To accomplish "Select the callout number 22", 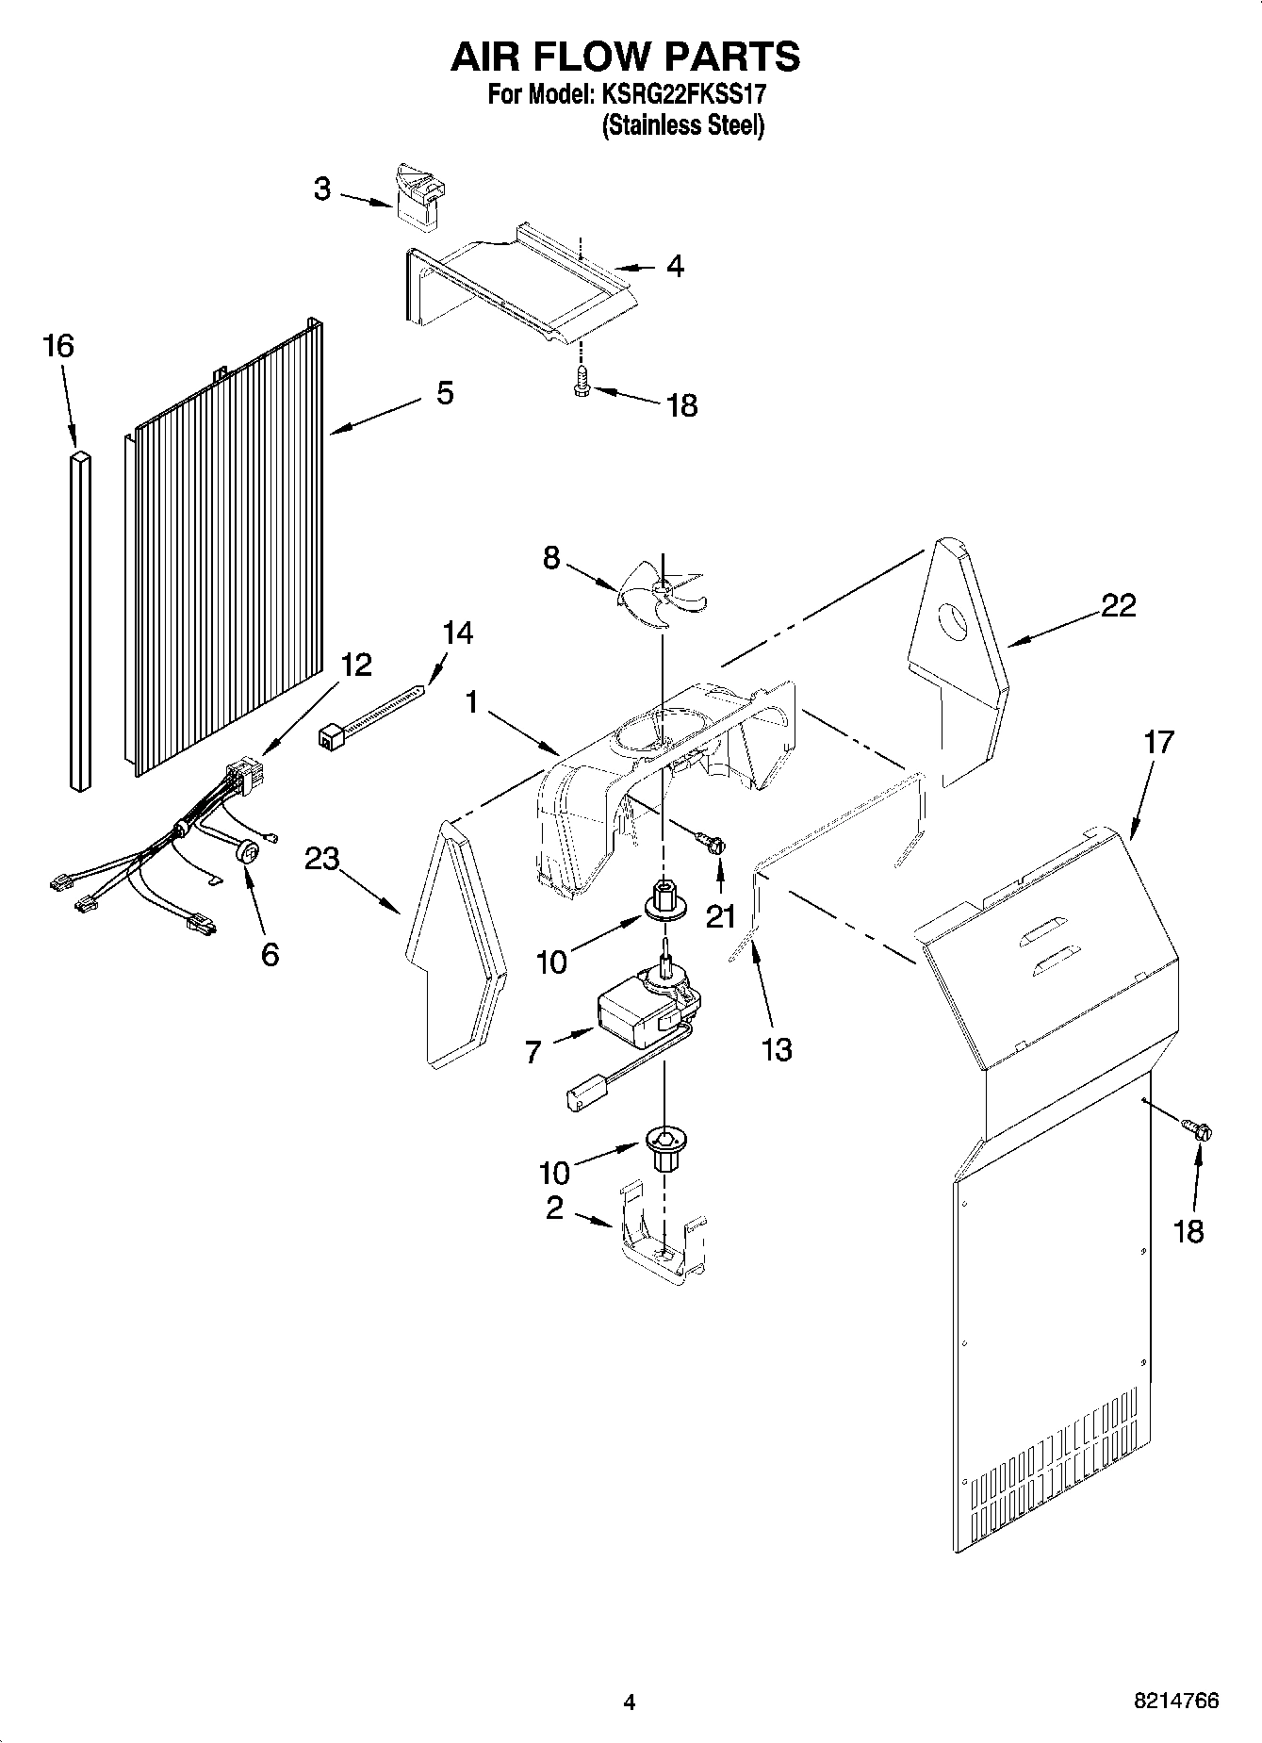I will tap(1118, 605).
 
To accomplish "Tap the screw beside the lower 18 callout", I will tap(1197, 1128).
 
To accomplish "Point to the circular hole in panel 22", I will tap(953, 623).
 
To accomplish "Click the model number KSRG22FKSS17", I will tap(677, 95).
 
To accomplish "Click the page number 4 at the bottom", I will tap(630, 1702).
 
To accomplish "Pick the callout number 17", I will tap(1158, 743).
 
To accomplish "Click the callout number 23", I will tap(322, 859).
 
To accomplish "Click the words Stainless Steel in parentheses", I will tap(682, 125).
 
